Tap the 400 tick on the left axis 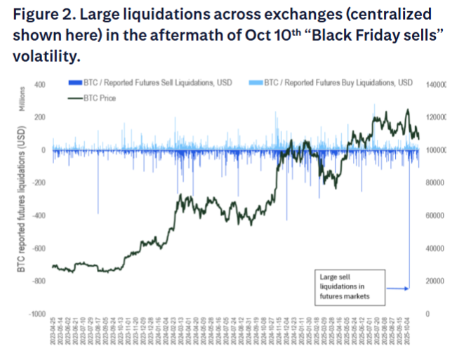(x=39, y=84)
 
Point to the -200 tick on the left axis (x=38, y=182)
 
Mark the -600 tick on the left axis (x=38, y=248)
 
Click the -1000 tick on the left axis (x=36, y=314)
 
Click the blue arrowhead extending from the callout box (x=407, y=288)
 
